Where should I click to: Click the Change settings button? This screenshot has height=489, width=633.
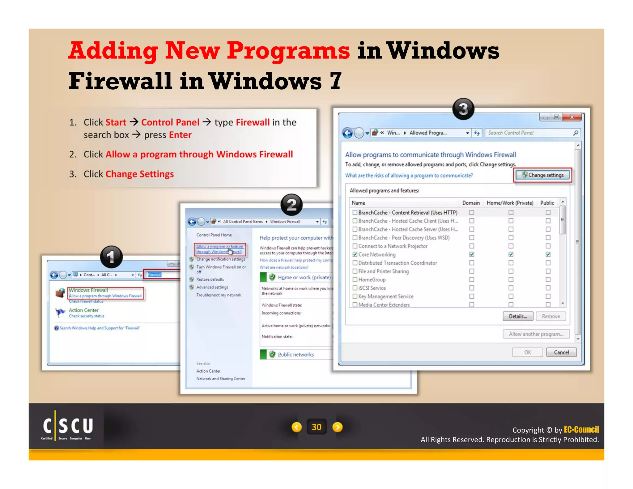[543, 175]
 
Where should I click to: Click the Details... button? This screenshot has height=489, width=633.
[518, 316]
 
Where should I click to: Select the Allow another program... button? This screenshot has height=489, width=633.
[536, 334]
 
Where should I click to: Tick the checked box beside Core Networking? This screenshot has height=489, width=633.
[355, 254]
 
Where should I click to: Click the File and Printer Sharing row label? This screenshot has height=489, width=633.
[383, 271]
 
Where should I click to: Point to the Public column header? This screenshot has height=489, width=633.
[547, 203]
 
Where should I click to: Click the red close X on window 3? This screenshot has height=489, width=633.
[572, 117]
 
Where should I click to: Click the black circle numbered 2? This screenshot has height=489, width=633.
[291, 205]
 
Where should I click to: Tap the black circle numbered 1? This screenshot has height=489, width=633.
[111, 257]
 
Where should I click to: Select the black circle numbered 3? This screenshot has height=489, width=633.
[463, 109]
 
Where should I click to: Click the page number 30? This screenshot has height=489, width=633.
[316, 427]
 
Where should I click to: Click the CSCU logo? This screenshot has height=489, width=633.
[68, 427]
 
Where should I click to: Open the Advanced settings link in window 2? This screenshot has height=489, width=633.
[212, 287]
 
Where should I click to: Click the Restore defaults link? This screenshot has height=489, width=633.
[210, 279]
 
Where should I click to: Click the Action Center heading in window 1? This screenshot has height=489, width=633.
[83, 310]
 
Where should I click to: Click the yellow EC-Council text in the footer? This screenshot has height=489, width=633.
[581, 430]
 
